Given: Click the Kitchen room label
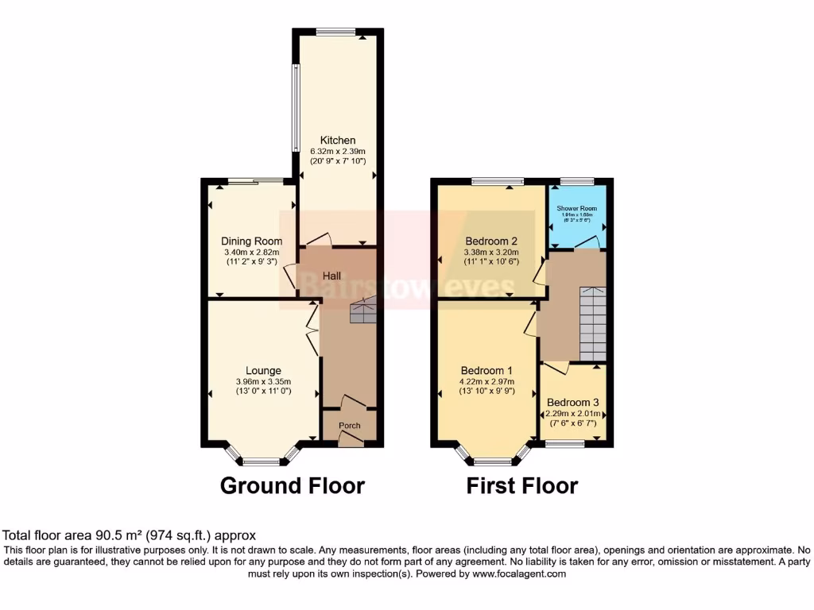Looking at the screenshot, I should tap(338, 141).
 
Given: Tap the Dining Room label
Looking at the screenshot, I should tap(252, 241).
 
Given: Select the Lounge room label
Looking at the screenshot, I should tap(263, 370).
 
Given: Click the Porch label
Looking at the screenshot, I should tap(350, 426).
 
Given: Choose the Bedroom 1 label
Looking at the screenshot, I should tap(486, 370).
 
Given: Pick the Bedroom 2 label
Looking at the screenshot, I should tap(492, 241).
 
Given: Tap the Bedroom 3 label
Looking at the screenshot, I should tap(573, 403).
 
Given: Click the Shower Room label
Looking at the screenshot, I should tap(577, 209).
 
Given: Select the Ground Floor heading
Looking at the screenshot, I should tap(292, 485).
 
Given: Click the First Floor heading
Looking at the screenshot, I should tap(522, 485).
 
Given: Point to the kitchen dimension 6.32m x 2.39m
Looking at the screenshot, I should tap(338, 151).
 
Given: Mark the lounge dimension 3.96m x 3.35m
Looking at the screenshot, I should tap(263, 381).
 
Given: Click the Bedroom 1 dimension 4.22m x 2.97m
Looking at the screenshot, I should tap(487, 381).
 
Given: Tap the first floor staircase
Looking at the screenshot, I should tap(592, 322).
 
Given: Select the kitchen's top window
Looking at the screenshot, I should tap(337, 32).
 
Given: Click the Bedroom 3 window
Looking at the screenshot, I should tap(565, 444).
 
